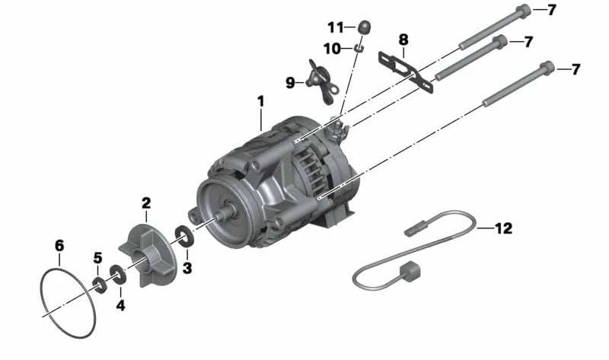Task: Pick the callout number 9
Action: click(290, 82)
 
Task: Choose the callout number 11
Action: click(336, 27)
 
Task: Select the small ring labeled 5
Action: click(100, 285)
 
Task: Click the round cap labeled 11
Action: click(365, 28)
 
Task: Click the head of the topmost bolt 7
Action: click(523, 11)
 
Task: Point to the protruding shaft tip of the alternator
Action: click(221, 217)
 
